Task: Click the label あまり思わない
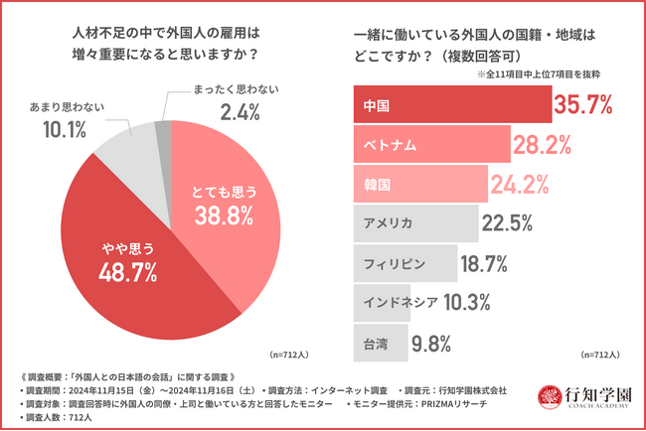click(x=65, y=104)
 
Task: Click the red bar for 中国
click(x=452, y=103)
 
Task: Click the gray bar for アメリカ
click(x=412, y=221)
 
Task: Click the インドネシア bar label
click(x=396, y=303)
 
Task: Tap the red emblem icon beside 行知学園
click(x=549, y=397)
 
